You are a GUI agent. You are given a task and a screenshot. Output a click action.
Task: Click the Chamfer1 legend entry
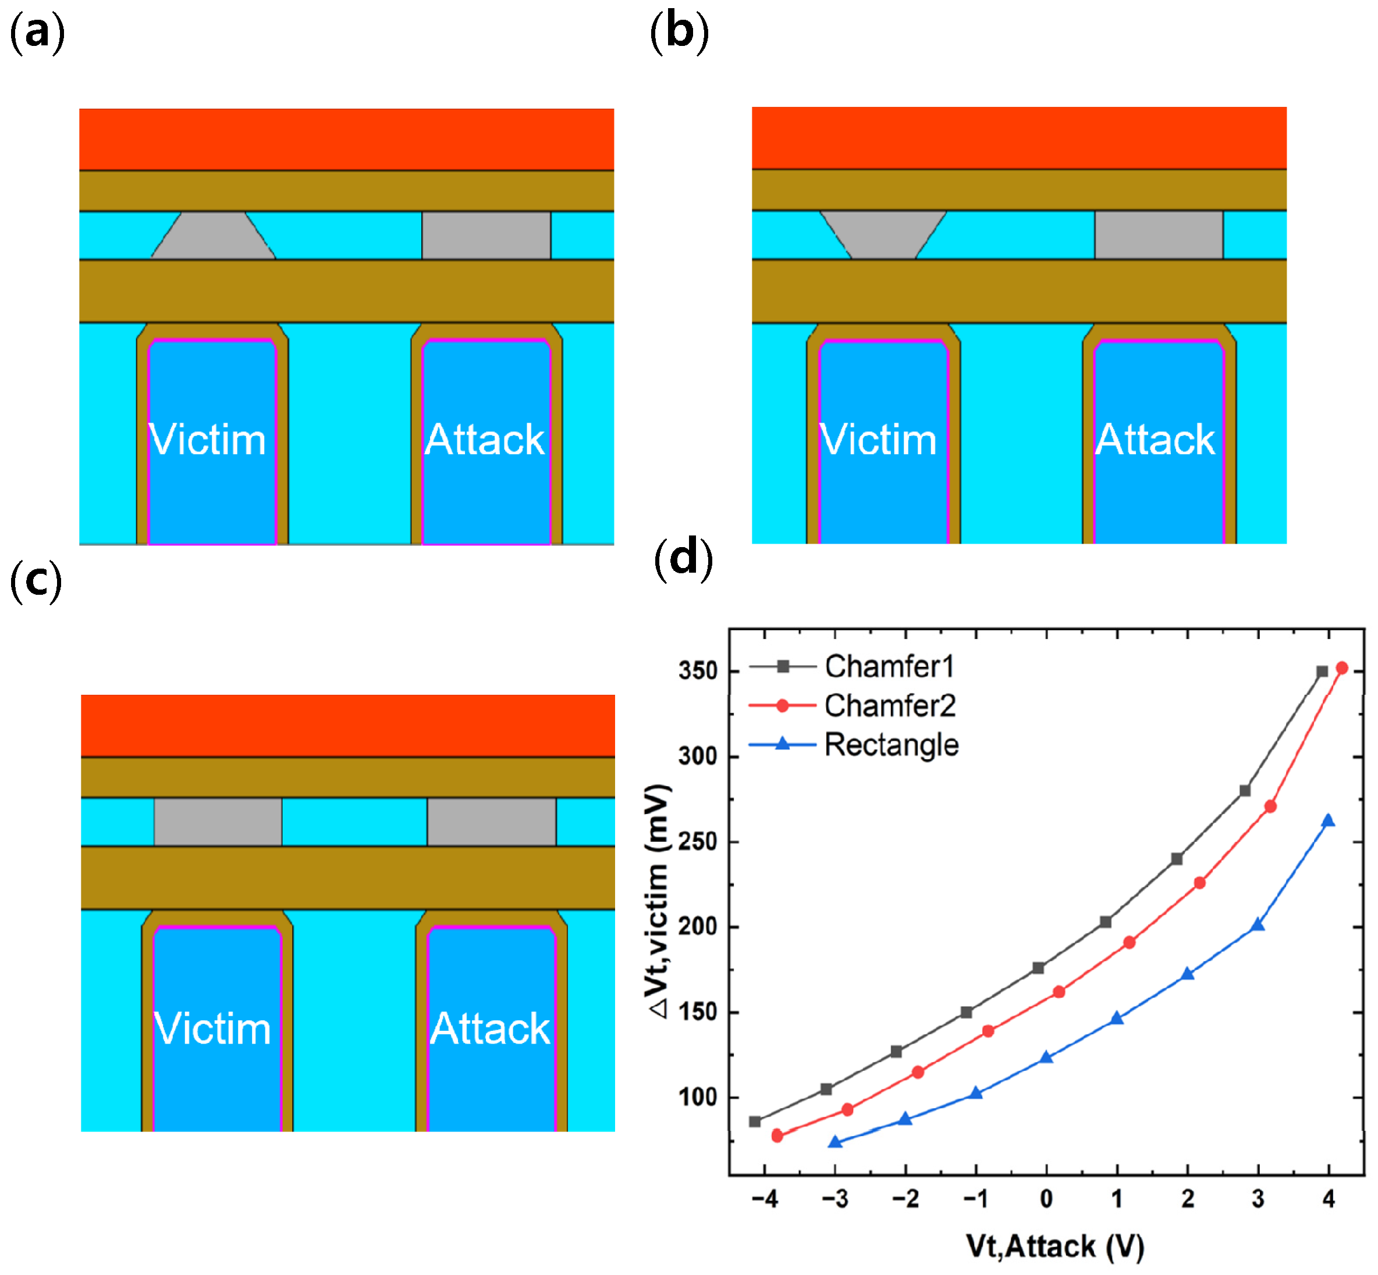[889, 666]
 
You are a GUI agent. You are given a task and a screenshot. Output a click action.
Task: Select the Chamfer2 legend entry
[889, 705]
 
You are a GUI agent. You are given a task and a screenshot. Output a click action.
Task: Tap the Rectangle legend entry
[890, 744]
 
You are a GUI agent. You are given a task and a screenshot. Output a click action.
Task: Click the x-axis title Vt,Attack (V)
[1055, 1247]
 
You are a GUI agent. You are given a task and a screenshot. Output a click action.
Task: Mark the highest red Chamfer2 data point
[1341, 668]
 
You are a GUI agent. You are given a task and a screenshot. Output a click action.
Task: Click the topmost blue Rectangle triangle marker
[1327, 821]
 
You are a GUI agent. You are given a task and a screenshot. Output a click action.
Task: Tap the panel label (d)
[683, 559]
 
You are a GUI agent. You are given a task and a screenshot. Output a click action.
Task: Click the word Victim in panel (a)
[208, 440]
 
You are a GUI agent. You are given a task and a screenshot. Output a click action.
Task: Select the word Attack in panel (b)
[1155, 440]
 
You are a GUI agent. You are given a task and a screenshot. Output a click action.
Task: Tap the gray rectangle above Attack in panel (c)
[491, 822]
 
